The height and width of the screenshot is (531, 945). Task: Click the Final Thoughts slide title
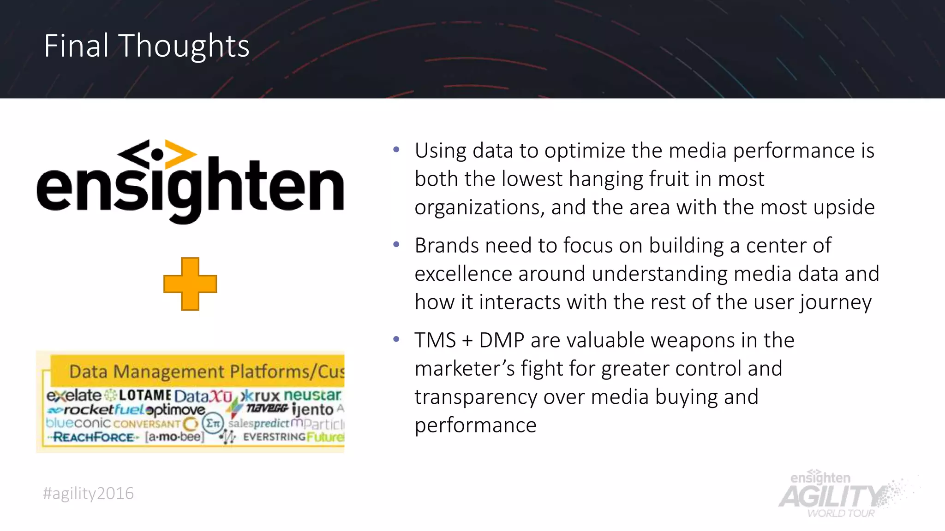click(x=147, y=46)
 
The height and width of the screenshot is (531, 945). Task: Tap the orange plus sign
click(x=190, y=284)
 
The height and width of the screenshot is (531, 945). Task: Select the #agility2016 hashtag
click(x=88, y=493)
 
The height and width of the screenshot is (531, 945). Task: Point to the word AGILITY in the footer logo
click(x=831, y=497)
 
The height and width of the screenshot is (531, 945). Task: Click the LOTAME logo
click(x=145, y=395)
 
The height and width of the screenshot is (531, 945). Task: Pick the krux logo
click(x=261, y=395)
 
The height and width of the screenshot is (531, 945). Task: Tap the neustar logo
click(x=312, y=395)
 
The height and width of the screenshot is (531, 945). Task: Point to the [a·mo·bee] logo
click(x=174, y=437)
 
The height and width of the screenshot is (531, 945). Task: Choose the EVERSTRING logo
click(x=274, y=437)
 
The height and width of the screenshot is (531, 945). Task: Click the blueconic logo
click(x=78, y=423)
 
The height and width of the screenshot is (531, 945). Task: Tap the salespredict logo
click(x=259, y=423)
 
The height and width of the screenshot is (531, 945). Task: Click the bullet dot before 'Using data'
click(x=396, y=150)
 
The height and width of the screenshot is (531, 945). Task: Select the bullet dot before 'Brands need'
click(x=396, y=244)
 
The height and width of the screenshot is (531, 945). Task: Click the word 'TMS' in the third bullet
click(x=435, y=340)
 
